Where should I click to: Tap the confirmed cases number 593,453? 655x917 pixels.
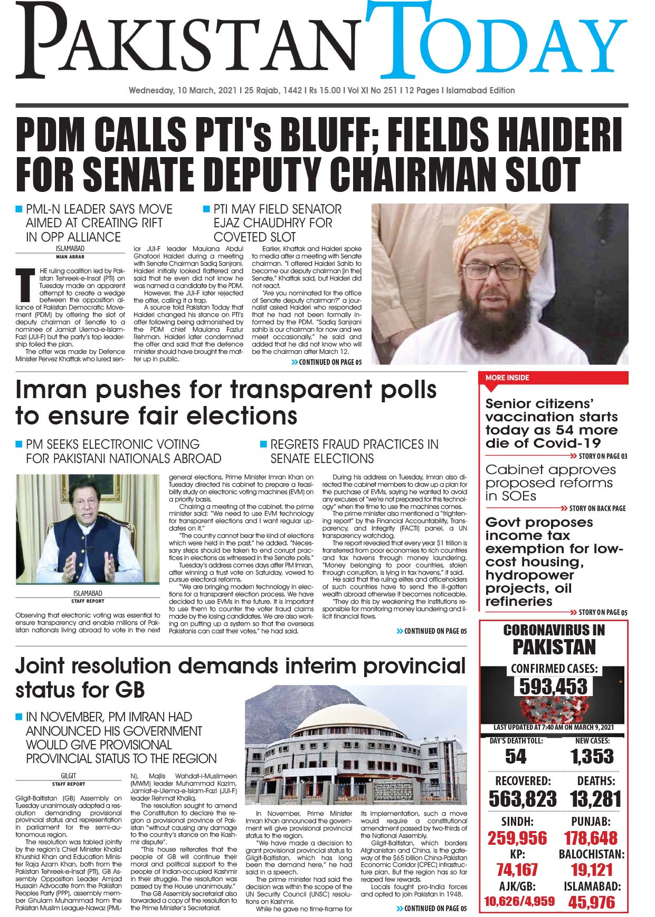coord(553,687)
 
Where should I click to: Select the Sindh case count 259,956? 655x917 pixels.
coord(517,838)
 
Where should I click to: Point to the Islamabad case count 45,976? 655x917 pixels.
coord(592,902)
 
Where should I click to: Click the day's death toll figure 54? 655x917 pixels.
coord(516,757)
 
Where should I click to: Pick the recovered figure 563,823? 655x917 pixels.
coord(523,798)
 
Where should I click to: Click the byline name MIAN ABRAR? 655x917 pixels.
coord(70,257)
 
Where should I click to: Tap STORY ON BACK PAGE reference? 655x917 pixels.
coord(597,508)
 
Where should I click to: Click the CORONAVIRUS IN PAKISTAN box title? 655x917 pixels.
coord(554,638)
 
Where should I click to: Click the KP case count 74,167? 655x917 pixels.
coord(517,870)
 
